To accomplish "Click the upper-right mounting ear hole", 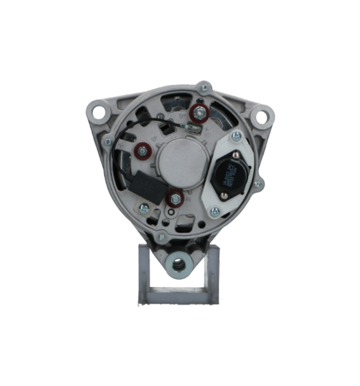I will pyautogui.click(x=262, y=118).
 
